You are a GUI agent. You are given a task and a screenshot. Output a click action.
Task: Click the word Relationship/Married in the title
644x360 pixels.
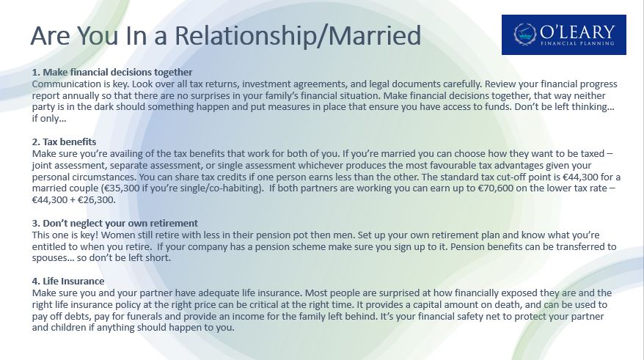tap(298, 36)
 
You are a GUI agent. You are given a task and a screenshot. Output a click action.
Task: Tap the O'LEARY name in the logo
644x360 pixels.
tap(577, 32)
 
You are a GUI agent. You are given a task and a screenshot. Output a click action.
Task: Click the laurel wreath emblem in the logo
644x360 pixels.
tap(525, 34)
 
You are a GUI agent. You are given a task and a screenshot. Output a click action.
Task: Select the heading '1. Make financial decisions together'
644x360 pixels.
tap(112, 73)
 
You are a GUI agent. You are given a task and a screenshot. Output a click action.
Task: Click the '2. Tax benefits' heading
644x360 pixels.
tap(64, 142)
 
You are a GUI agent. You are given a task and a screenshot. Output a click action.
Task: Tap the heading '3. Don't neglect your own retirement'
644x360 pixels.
tap(115, 224)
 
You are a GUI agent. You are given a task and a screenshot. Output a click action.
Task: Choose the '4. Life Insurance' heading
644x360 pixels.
tap(68, 282)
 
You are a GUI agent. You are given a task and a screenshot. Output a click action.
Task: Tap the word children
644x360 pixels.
tap(68, 328)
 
